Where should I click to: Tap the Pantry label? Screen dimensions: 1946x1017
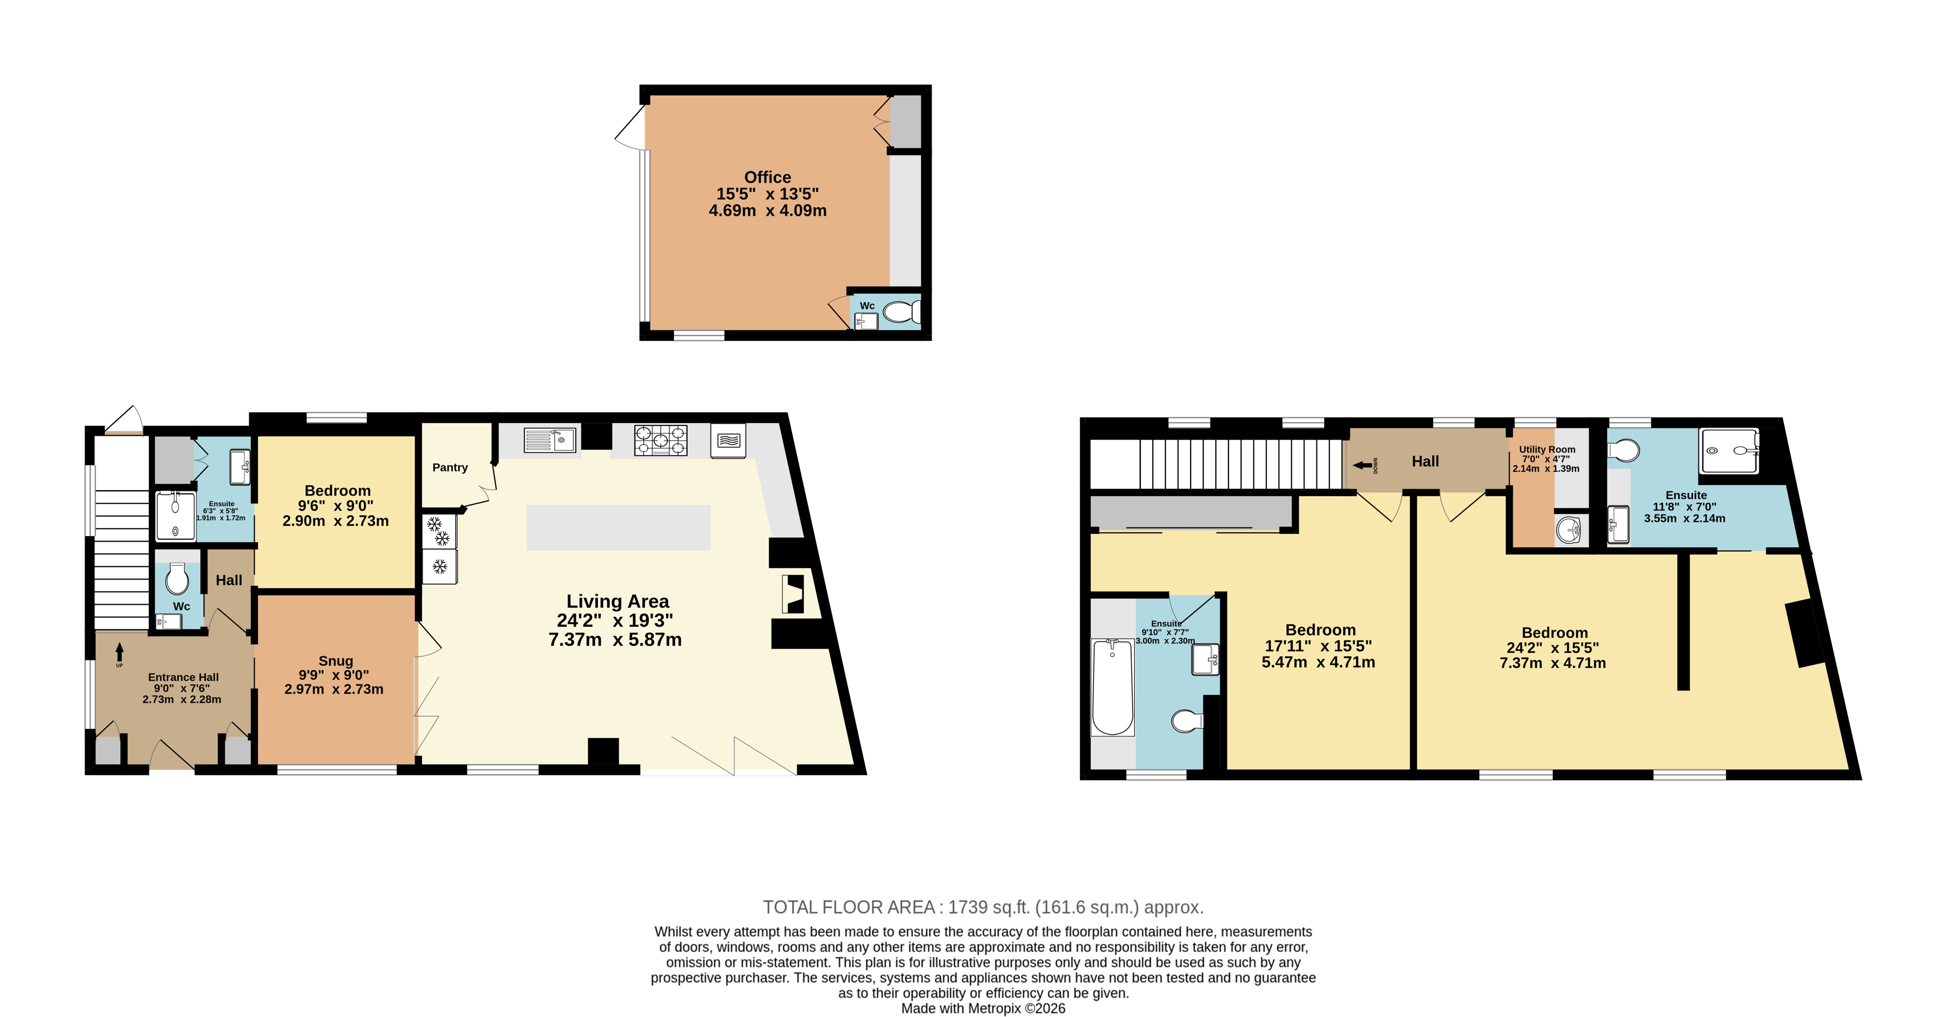(450, 468)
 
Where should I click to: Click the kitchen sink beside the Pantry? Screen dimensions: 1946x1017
(549, 440)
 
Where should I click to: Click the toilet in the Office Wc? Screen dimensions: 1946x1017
(902, 312)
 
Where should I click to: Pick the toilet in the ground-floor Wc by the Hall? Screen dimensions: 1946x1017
(177, 578)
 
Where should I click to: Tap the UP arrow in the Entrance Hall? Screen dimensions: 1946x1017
(119, 653)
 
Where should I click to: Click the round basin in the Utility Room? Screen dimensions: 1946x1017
(1568, 529)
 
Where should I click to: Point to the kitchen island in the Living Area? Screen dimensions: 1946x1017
(619, 527)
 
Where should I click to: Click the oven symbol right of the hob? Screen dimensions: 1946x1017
(728, 440)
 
